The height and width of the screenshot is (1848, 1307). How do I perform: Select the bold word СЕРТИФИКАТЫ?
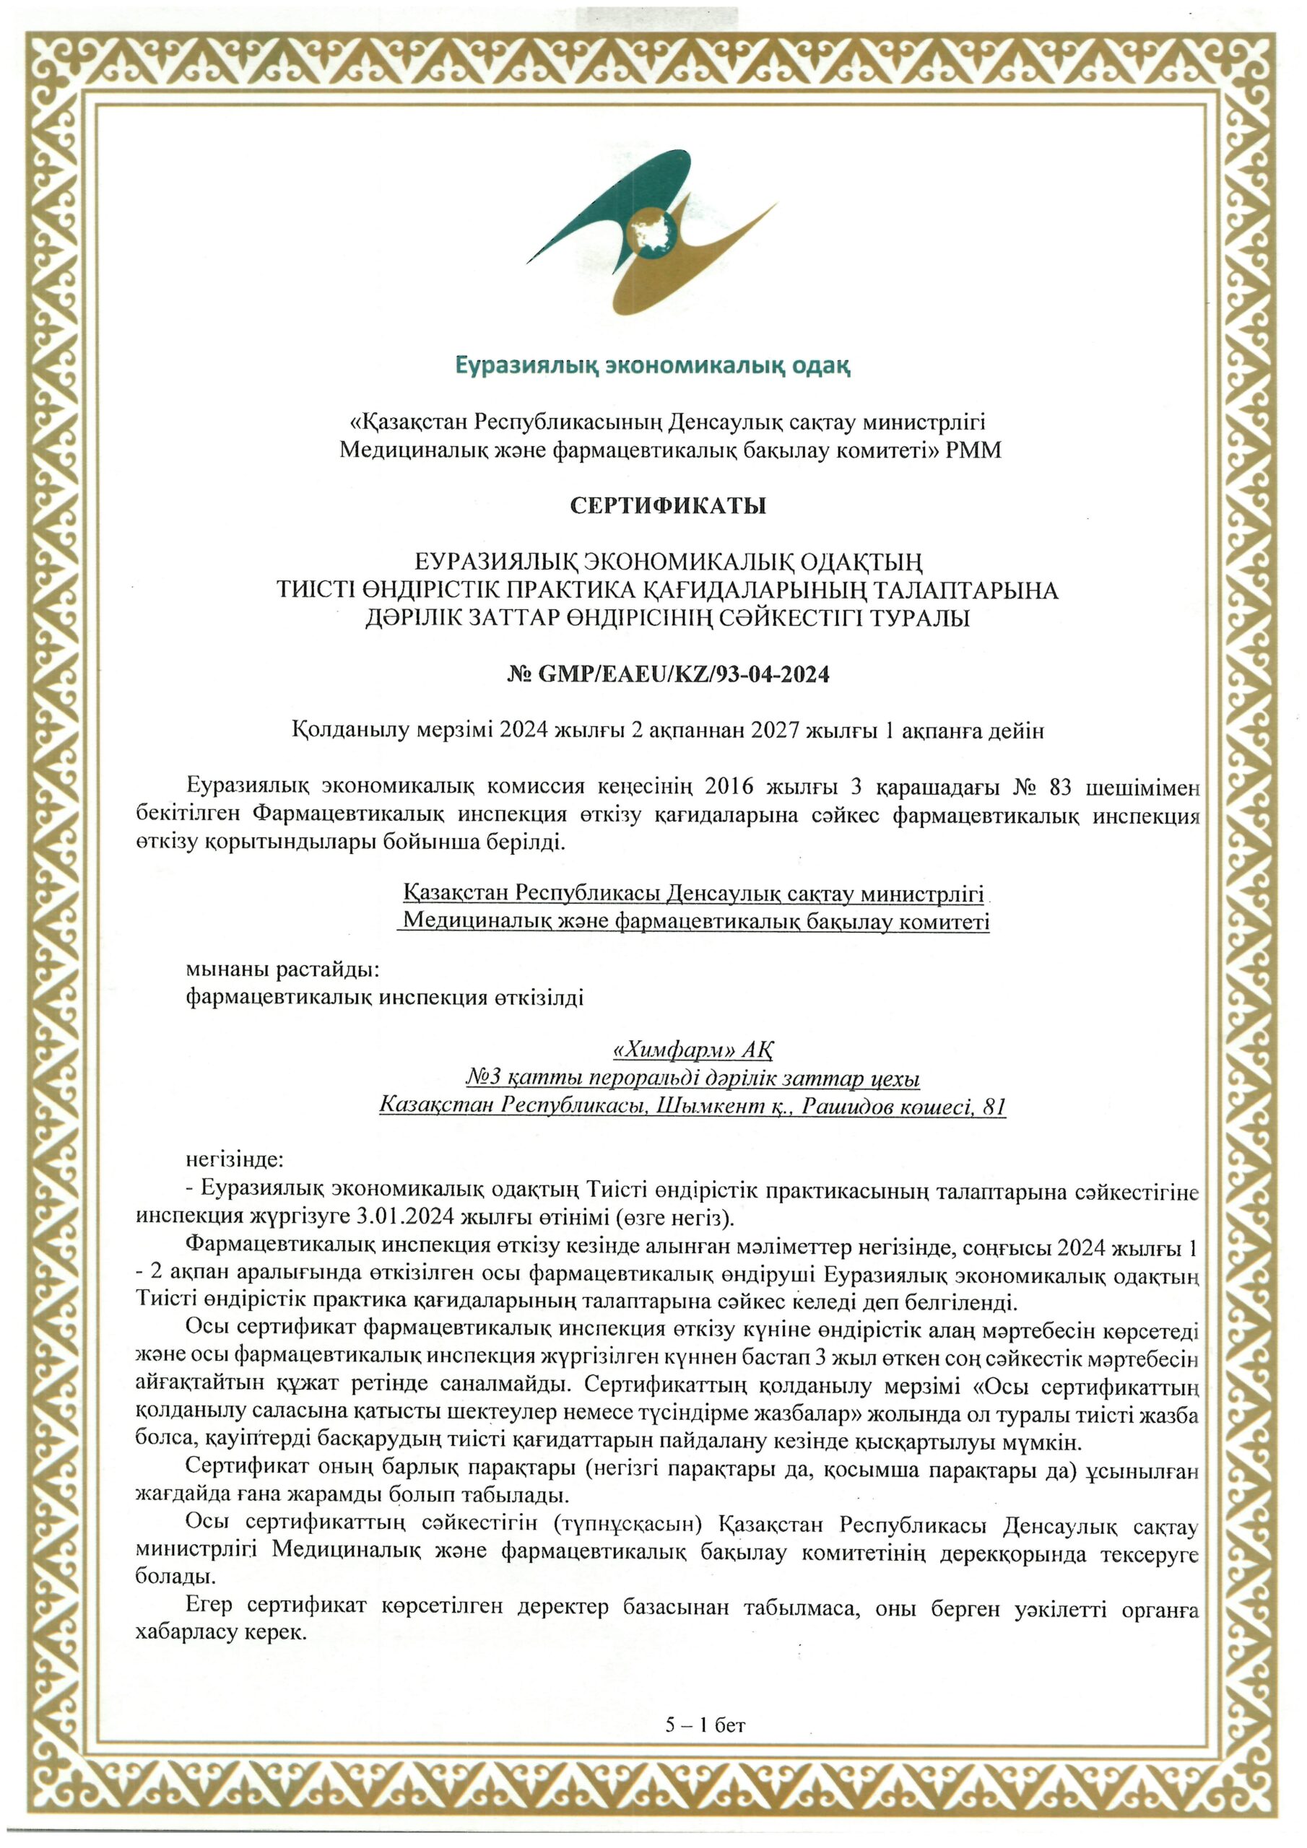pos(668,506)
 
